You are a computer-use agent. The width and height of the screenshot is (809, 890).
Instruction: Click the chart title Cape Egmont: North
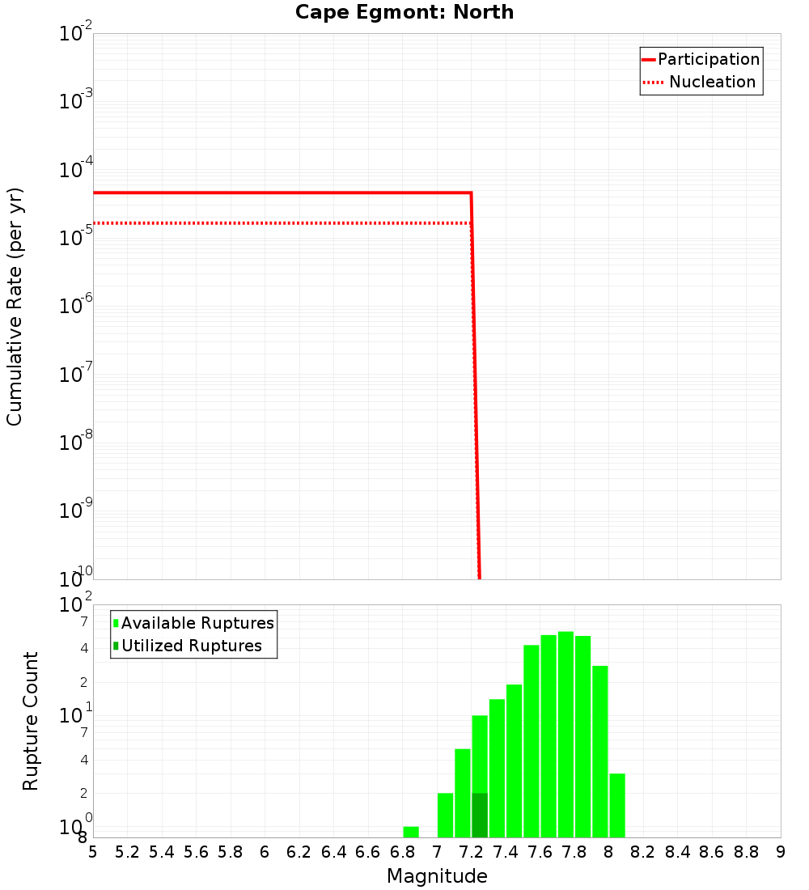404,12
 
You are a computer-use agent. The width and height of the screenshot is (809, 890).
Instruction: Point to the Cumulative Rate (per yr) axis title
15,307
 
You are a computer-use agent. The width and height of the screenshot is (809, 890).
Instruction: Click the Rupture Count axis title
31,721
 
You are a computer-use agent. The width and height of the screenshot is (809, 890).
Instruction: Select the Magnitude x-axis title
437,876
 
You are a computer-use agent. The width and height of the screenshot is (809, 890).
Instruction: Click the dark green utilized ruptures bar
480,816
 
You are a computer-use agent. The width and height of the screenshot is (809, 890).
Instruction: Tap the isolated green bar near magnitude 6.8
411,832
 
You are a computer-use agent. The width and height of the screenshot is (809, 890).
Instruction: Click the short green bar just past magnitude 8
617,805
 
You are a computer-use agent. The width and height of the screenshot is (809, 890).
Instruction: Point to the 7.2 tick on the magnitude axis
471,852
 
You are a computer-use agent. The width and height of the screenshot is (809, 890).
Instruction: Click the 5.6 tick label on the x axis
196,852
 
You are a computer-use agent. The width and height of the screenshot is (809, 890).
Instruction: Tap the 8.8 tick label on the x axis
746,852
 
